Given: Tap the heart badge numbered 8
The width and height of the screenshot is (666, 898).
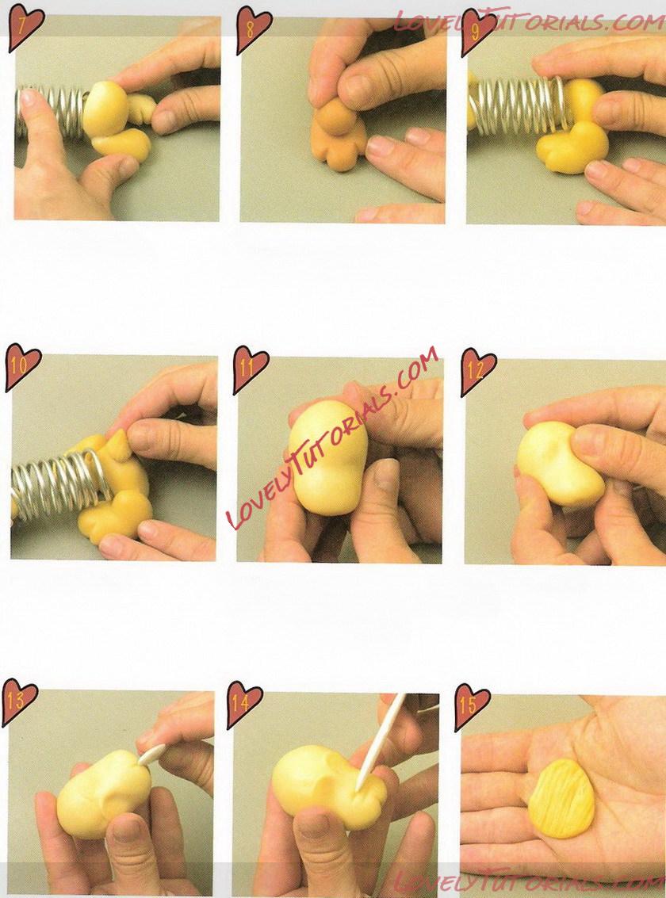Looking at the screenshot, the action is (253, 29).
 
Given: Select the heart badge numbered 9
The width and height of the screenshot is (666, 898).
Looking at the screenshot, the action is (477, 31).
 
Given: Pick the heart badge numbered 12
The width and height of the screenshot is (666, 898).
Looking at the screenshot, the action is (477, 371).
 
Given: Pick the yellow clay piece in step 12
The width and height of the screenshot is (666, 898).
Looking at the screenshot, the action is (558, 464).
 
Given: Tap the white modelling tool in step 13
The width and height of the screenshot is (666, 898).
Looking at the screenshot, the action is (151, 754).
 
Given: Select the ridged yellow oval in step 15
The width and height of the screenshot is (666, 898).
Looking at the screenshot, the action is (561, 798).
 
